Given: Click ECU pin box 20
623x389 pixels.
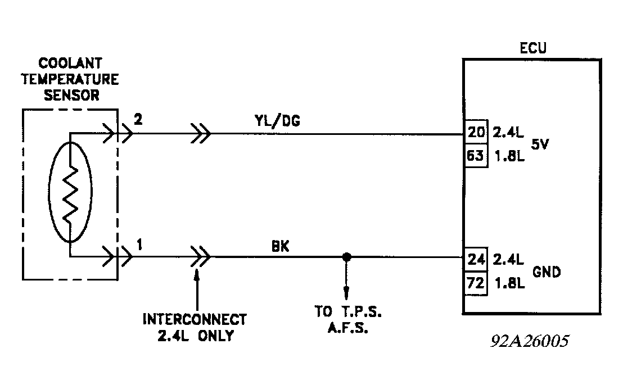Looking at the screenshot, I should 475,134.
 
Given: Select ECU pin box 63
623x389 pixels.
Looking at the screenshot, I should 475,156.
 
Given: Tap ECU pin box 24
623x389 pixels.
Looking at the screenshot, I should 475,260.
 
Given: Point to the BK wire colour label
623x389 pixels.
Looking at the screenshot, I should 280,246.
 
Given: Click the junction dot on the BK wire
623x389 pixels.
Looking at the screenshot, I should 346,257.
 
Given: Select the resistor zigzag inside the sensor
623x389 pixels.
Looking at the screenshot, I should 70,196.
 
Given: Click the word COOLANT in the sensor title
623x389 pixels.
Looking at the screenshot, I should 70,62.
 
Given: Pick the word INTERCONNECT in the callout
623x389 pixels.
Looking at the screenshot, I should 195,320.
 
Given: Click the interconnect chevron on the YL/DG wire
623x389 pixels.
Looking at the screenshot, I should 201,134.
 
